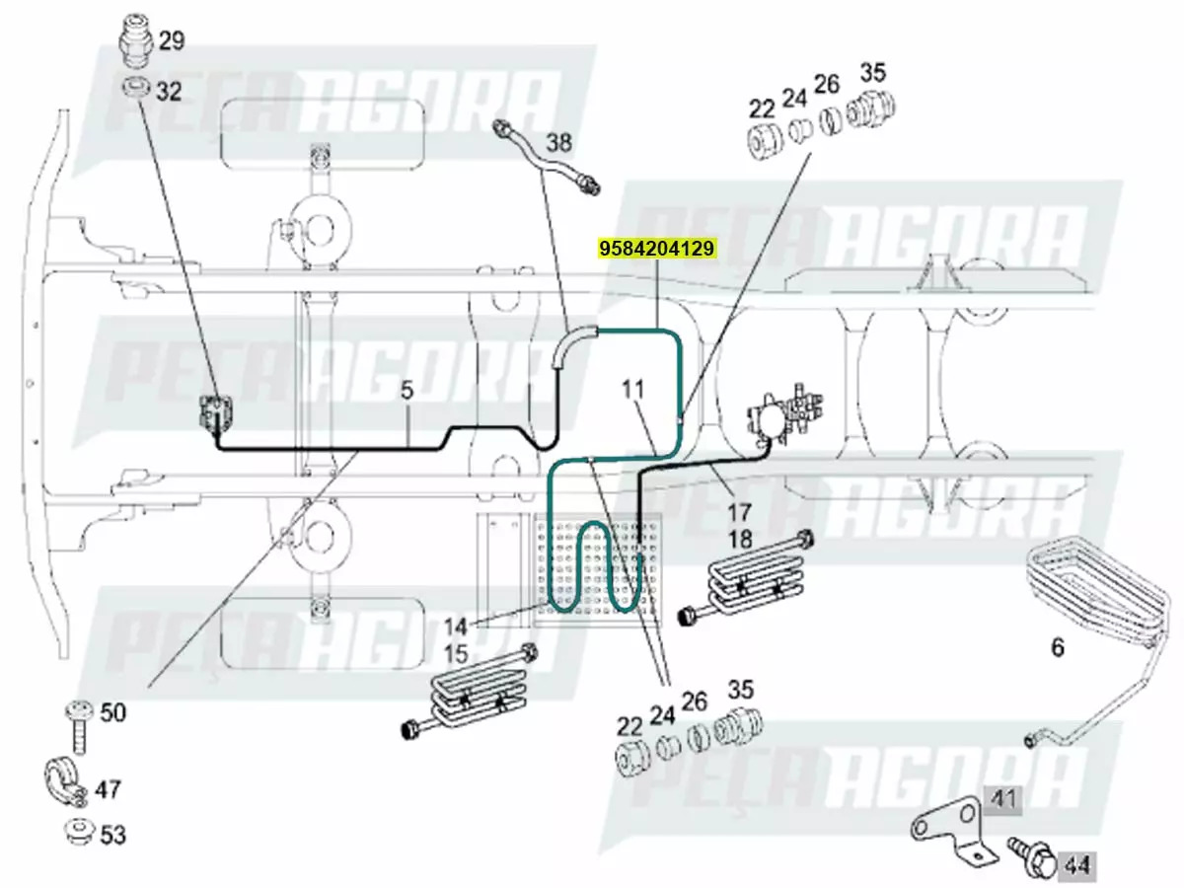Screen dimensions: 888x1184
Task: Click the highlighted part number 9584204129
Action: click(x=655, y=249)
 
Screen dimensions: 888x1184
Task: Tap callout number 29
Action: click(x=171, y=41)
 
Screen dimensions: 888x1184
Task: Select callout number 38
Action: click(x=558, y=143)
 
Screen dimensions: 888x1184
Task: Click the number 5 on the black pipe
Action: click(x=407, y=391)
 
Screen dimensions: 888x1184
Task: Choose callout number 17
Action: click(x=739, y=512)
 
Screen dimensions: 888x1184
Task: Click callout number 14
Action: click(x=455, y=626)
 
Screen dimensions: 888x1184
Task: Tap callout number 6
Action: click(x=1058, y=648)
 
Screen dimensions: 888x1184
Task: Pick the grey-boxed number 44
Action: click(x=1076, y=866)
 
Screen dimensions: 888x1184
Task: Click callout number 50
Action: click(x=113, y=712)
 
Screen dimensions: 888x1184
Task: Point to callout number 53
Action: click(x=113, y=836)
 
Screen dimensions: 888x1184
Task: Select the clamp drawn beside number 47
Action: click(x=66, y=781)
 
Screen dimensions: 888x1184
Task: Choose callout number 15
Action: click(x=455, y=653)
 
